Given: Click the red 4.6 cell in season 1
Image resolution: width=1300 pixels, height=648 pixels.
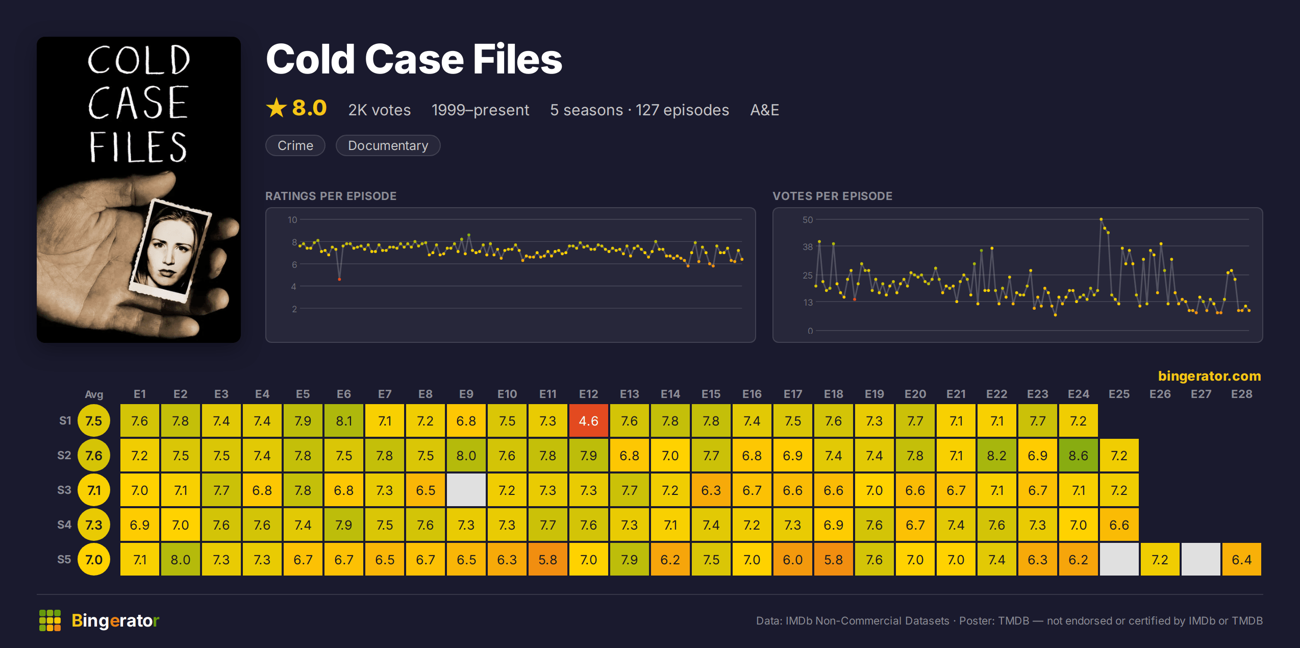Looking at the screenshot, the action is pyautogui.click(x=588, y=421).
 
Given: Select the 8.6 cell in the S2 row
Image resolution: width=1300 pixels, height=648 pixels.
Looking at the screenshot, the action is pyautogui.click(x=1078, y=456).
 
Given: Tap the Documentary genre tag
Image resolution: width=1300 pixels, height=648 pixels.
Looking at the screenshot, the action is pyautogui.click(x=388, y=145).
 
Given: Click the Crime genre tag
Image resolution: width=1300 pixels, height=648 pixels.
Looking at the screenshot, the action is pyautogui.click(x=295, y=145).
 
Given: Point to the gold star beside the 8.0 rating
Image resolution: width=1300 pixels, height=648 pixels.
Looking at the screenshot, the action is pyautogui.click(x=277, y=108).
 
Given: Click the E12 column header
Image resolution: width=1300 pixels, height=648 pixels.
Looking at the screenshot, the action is pyautogui.click(x=588, y=394).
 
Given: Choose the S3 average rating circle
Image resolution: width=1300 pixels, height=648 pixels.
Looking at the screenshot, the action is pyautogui.click(x=94, y=490).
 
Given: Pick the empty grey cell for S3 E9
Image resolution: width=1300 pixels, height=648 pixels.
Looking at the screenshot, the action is pyautogui.click(x=466, y=490).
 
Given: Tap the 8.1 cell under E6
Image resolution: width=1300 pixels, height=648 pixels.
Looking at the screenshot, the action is pyautogui.click(x=343, y=421).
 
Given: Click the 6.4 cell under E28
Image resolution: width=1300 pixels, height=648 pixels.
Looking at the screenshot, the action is pyautogui.click(x=1241, y=560).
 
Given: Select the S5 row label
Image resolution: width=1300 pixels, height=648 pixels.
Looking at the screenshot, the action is pyautogui.click(x=64, y=559).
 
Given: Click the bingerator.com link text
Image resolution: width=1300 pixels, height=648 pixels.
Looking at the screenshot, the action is pyautogui.click(x=1209, y=376).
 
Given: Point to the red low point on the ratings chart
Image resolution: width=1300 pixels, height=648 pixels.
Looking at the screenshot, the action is pyautogui.click(x=339, y=280).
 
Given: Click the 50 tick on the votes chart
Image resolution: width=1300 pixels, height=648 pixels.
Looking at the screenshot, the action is pyautogui.click(x=808, y=220).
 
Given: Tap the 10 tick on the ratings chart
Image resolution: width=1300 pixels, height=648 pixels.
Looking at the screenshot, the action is pyautogui.click(x=292, y=220).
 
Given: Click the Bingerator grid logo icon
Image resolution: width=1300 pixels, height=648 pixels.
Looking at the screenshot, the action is pyautogui.click(x=50, y=620).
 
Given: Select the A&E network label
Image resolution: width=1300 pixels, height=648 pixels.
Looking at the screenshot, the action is pyautogui.click(x=764, y=110).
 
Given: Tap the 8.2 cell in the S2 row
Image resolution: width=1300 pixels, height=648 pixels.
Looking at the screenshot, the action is pyautogui.click(x=996, y=456).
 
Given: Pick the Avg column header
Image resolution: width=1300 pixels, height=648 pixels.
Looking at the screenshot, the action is pyautogui.click(x=94, y=394).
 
